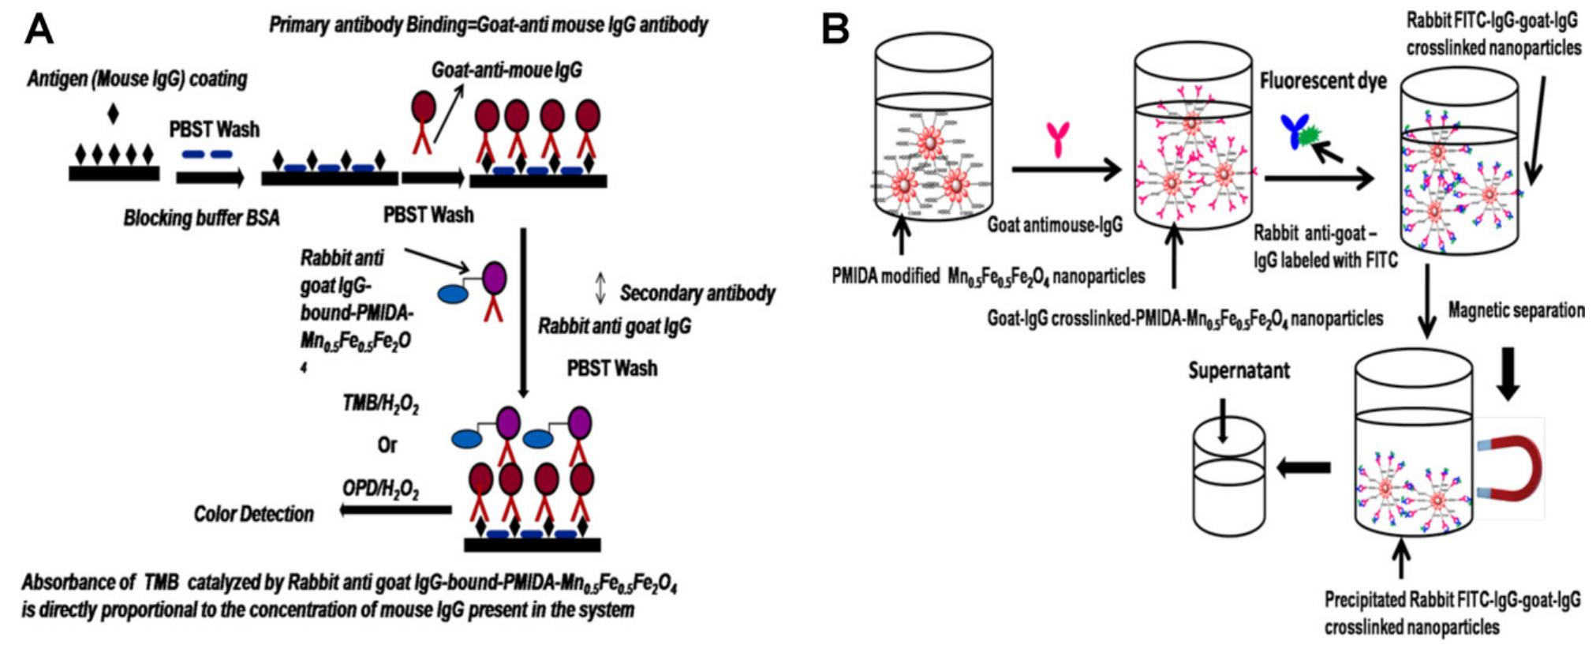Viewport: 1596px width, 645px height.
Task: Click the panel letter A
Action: [x=39, y=29]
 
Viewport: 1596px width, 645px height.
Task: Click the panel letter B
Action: [x=835, y=29]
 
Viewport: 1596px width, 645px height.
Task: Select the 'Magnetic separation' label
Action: [x=1516, y=310]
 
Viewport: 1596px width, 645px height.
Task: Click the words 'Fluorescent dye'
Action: [x=1323, y=81]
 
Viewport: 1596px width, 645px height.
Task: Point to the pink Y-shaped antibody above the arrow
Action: [x=1057, y=139]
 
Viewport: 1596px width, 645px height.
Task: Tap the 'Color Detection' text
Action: [x=253, y=514]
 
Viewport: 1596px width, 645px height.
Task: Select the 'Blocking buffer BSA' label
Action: [x=201, y=218]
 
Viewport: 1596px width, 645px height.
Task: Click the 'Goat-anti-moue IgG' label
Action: [x=506, y=70]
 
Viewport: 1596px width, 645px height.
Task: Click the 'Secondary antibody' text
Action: [x=697, y=294]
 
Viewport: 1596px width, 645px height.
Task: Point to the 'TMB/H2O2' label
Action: [x=380, y=404]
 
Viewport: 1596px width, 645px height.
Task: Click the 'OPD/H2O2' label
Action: [x=380, y=489]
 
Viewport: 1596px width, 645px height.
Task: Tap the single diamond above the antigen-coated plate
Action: [x=113, y=114]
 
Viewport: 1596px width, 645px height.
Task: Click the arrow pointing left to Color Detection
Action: [x=394, y=511]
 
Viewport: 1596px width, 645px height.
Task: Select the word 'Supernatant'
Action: [x=1239, y=370]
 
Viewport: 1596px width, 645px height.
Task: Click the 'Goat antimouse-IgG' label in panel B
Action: [x=1055, y=226]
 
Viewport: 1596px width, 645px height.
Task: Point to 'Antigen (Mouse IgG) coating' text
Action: [x=137, y=79]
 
